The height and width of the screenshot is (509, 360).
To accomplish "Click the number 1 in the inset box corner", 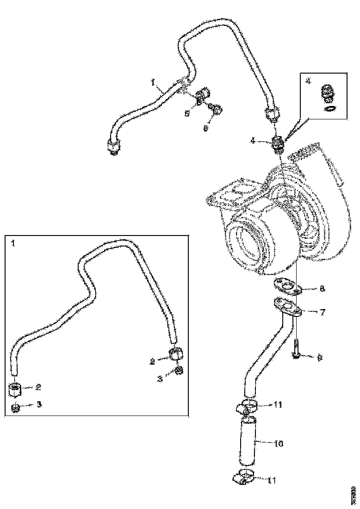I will pyautogui.click(x=12, y=242).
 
